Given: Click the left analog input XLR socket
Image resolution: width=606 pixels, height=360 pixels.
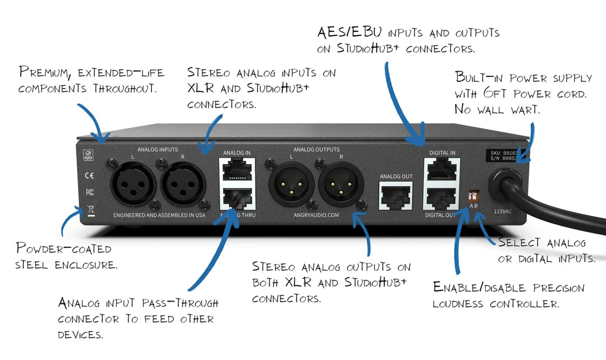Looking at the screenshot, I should click(133, 185).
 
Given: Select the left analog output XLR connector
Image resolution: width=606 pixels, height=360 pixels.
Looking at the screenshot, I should click(292, 185).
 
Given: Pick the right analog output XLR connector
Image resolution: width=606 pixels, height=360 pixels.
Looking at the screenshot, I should click(340, 185).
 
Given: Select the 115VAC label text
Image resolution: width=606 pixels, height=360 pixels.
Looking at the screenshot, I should click(502, 213).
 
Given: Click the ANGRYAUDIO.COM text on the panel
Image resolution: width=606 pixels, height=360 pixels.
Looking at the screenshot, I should click(316, 214).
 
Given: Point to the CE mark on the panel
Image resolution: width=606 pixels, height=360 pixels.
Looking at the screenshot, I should click(89, 175).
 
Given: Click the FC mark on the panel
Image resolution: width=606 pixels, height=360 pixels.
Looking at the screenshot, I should click(89, 192).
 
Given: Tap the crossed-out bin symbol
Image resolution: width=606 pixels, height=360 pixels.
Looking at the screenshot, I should click(90, 211).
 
